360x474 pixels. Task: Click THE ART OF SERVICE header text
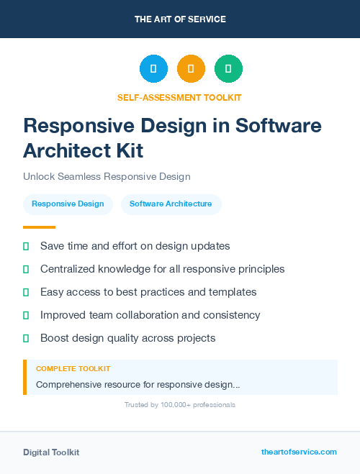coord(180,19)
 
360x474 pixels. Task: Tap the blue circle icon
coord(153,69)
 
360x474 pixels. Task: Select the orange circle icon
coord(191,69)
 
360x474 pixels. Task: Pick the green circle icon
coord(228,69)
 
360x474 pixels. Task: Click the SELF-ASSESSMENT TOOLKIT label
coord(180,97)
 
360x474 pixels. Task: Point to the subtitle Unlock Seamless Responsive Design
coord(107,176)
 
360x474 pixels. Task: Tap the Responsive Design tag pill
coord(68,204)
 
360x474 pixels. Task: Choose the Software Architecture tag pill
coord(171,204)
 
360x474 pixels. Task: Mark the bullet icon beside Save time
coord(26,246)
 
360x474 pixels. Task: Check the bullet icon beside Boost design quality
coord(26,338)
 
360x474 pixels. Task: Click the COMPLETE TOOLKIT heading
coord(73,368)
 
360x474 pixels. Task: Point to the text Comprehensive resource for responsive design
coord(138,385)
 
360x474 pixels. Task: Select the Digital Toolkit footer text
coord(51,452)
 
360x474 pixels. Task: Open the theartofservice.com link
coord(299,452)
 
